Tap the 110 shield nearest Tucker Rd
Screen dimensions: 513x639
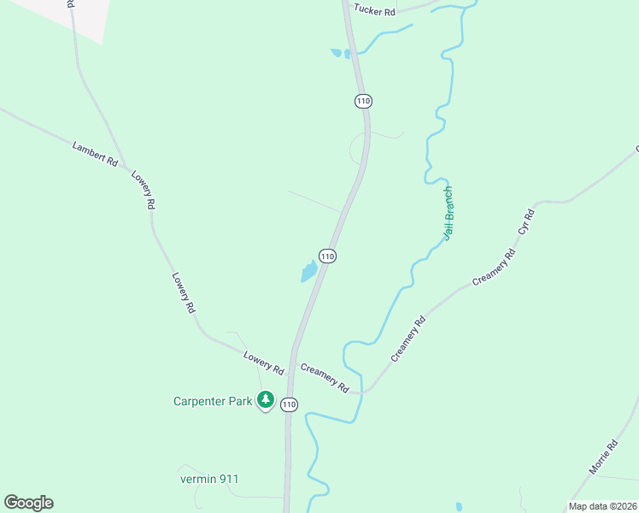(x=364, y=101)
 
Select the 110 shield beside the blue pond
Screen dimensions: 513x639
(x=327, y=256)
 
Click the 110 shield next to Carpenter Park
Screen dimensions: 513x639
(x=290, y=404)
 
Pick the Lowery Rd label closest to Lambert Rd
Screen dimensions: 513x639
(x=144, y=189)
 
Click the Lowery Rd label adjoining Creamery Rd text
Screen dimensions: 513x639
(x=263, y=363)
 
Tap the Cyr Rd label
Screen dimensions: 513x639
(x=526, y=221)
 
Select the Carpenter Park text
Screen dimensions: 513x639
(x=213, y=400)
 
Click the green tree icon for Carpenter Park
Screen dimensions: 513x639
(x=266, y=399)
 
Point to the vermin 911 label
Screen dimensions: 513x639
(x=209, y=479)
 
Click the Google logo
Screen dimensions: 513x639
(x=28, y=503)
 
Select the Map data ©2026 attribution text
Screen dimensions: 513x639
(x=603, y=506)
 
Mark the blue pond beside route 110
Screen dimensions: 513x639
(x=308, y=273)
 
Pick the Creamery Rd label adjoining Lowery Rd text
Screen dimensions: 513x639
(x=325, y=378)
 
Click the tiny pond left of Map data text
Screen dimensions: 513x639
(x=459, y=507)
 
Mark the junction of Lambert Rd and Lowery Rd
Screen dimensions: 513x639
(x=126, y=167)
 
